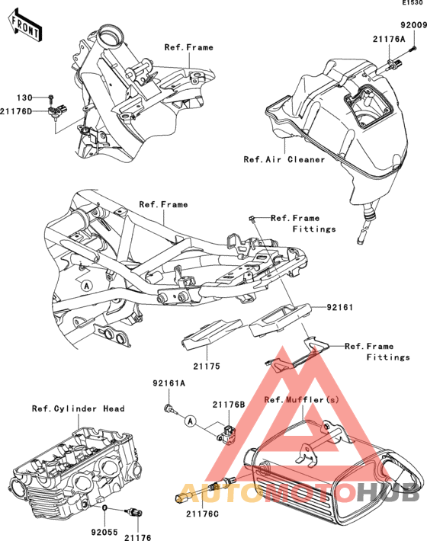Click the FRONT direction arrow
pos(25,26)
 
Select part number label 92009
pos(413,25)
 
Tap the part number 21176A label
pos(389,39)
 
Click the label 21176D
pos(16,111)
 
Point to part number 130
pos(24,98)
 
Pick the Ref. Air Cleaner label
pos(284,159)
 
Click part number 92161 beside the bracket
pos(339,307)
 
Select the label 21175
pos(207,366)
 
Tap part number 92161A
pos(169,383)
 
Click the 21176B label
pos(229,405)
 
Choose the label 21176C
pos(202,514)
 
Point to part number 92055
pos(104,532)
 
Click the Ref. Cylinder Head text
pos(79,409)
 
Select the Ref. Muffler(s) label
pos(302,399)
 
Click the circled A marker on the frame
pos(87,286)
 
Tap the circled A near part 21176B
pos(190,421)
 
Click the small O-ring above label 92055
pos(105,507)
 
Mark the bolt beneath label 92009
pos(413,49)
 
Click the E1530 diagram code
pos(413,2)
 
